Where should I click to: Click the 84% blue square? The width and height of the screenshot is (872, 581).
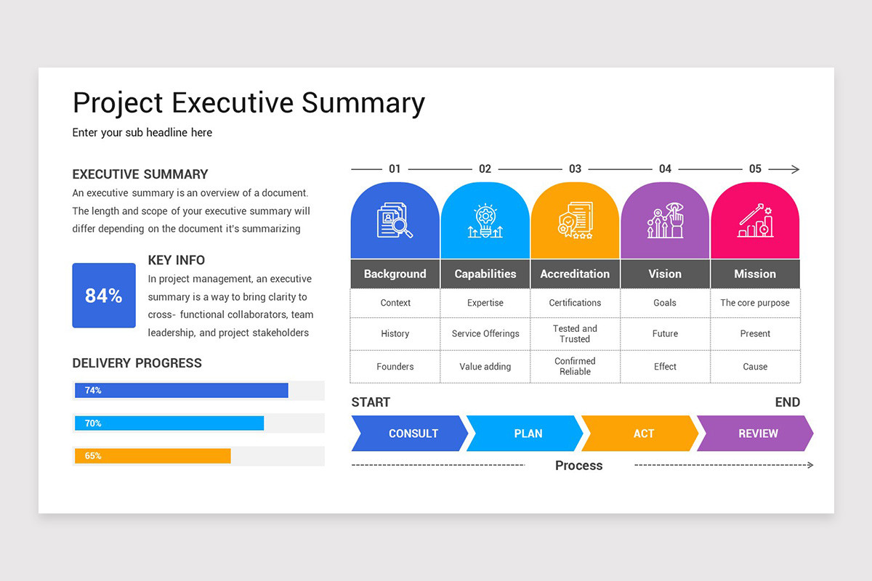click(x=104, y=296)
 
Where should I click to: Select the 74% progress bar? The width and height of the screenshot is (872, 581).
click(x=181, y=391)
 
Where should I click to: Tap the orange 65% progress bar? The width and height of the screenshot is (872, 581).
click(x=153, y=456)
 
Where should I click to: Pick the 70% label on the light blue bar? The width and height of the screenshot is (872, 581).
click(x=93, y=423)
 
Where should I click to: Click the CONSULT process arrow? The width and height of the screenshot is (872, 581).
click(x=410, y=434)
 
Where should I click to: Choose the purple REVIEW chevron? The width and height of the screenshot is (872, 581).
click(x=756, y=434)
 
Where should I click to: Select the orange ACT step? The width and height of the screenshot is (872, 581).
click(x=641, y=434)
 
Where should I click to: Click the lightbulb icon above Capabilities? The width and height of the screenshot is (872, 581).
click(x=485, y=222)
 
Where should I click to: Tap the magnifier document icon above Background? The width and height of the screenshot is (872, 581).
click(x=395, y=221)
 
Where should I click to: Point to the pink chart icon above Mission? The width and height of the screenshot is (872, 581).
click(x=755, y=221)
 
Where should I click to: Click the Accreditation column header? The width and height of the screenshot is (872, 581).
click(x=575, y=274)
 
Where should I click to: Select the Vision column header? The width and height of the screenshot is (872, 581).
click(x=665, y=274)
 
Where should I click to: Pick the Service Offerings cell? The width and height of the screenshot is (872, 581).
click(x=485, y=333)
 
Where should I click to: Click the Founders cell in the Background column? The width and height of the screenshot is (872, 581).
click(x=395, y=367)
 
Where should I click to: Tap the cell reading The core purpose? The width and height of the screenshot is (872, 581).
click(x=755, y=303)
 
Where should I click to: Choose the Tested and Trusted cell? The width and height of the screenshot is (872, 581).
click(x=575, y=334)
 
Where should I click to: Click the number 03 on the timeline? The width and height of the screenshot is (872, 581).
click(x=575, y=169)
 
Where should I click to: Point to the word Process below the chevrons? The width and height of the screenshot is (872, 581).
click(x=578, y=466)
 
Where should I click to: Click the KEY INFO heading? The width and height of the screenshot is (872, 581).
click(x=177, y=260)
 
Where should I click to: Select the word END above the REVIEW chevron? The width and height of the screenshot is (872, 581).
click(x=787, y=402)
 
